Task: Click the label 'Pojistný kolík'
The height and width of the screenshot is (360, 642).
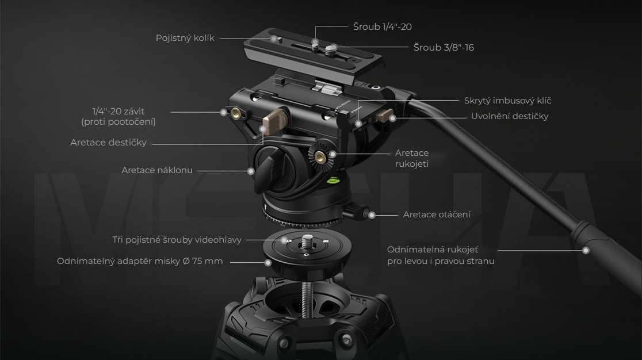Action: pos(185,38)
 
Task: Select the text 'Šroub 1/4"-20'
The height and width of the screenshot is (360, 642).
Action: pos(383,26)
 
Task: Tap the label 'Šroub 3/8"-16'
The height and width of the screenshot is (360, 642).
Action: pos(444,48)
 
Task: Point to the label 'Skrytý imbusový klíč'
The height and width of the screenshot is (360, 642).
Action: pos(508,101)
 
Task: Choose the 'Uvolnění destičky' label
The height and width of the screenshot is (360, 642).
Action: pos(510,116)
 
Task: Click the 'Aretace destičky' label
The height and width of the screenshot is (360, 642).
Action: pos(109,143)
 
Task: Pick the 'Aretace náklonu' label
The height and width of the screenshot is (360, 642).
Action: pos(157,170)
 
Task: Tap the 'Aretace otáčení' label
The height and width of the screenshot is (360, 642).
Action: pos(437,215)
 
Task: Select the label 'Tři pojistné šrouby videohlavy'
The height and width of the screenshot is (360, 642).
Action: pos(177,240)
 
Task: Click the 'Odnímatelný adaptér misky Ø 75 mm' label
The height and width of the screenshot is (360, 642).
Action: pos(140,261)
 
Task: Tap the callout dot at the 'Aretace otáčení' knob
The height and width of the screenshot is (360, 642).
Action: pos(372,215)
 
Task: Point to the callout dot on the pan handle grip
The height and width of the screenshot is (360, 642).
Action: pos(586,250)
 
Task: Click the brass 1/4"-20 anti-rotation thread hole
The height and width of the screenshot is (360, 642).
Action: pos(236,112)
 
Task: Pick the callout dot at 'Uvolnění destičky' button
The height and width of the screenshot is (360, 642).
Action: pos(393,118)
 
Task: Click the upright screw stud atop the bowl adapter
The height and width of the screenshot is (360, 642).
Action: pos(307,241)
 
